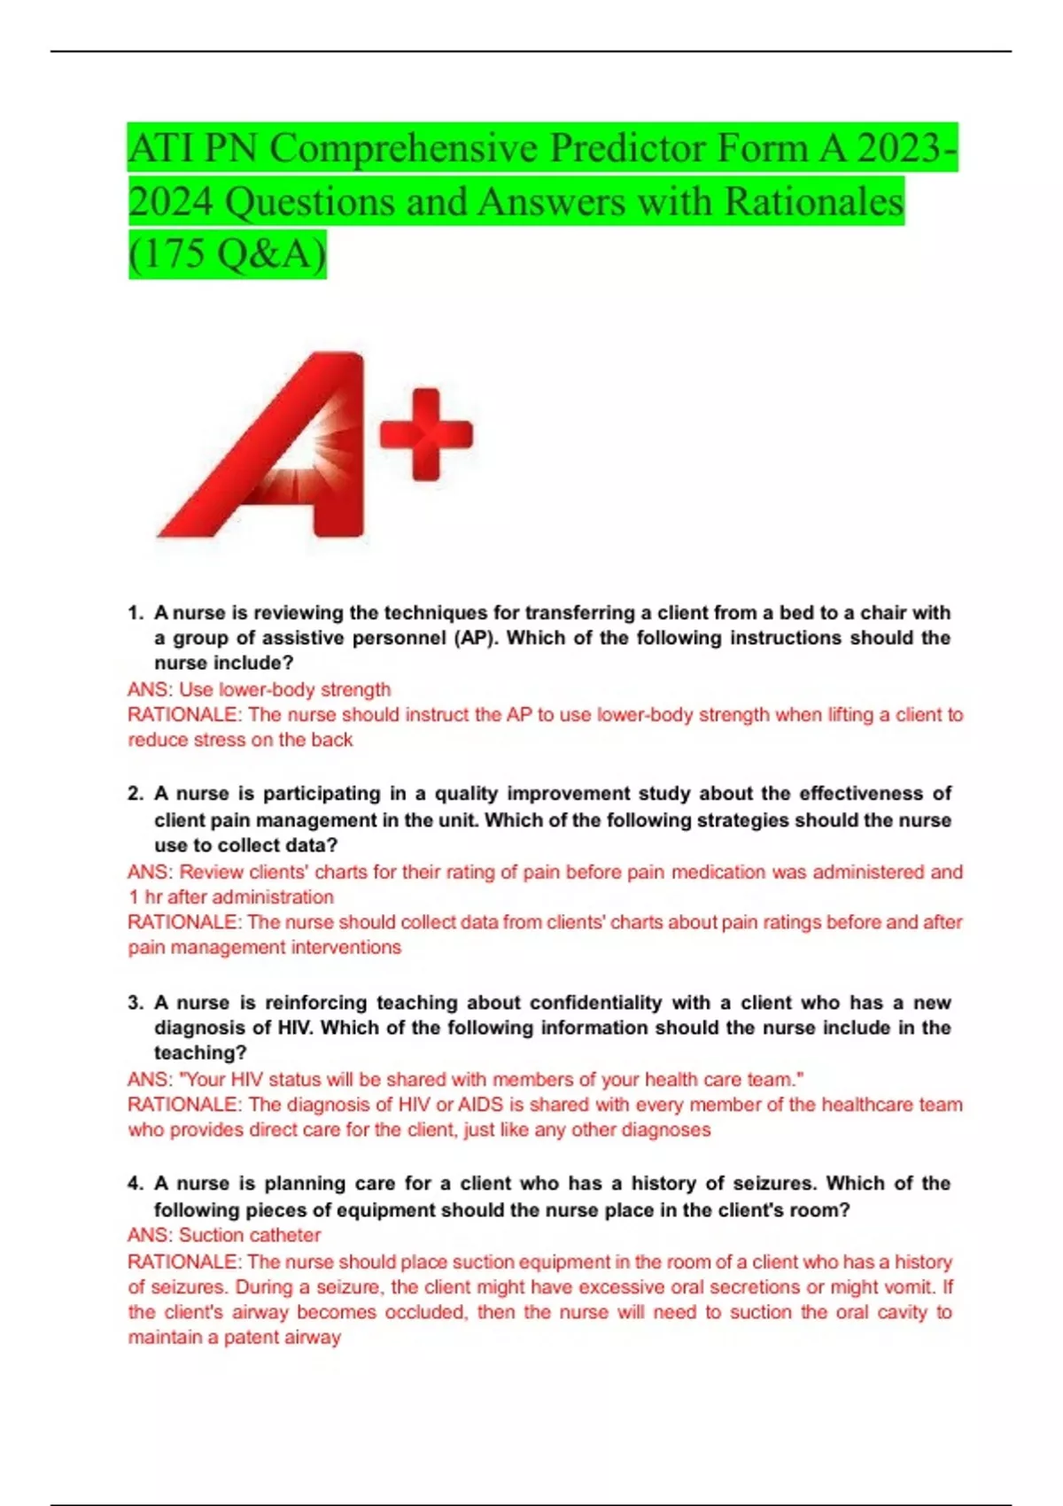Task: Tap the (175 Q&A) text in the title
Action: tap(228, 254)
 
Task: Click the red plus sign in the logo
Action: tap(426, 434)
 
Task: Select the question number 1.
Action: tap(135, 613)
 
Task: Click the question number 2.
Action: tap(135, 794)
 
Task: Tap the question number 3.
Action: tap(135, 1003)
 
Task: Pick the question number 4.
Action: tap(135, 1184)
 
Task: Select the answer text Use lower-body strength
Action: tap(284, 689)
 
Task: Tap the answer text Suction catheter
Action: tap(250, 1235)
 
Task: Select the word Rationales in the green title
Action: tap(814, 202)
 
